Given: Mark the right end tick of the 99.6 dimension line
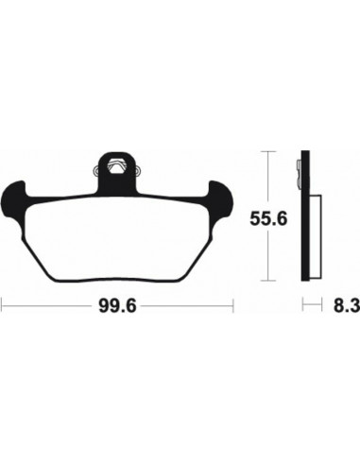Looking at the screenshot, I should (x=233, y=305).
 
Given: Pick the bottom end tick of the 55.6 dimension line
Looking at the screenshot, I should (x=271, y=281).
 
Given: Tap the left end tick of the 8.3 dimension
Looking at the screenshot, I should (x=303, y=305).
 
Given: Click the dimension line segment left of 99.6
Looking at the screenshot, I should (x=47, y=305).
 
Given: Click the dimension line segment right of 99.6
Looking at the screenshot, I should (x=189, y=305).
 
